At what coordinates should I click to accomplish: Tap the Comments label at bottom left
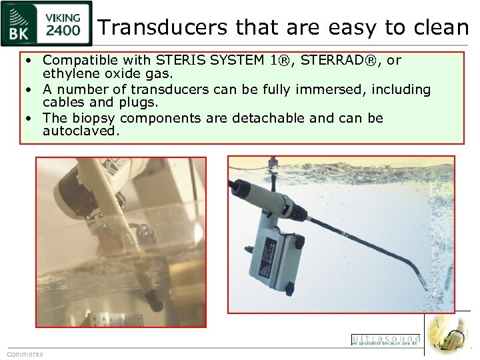tap(25, 354)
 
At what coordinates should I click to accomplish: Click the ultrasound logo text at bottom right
tap(385, 339)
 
